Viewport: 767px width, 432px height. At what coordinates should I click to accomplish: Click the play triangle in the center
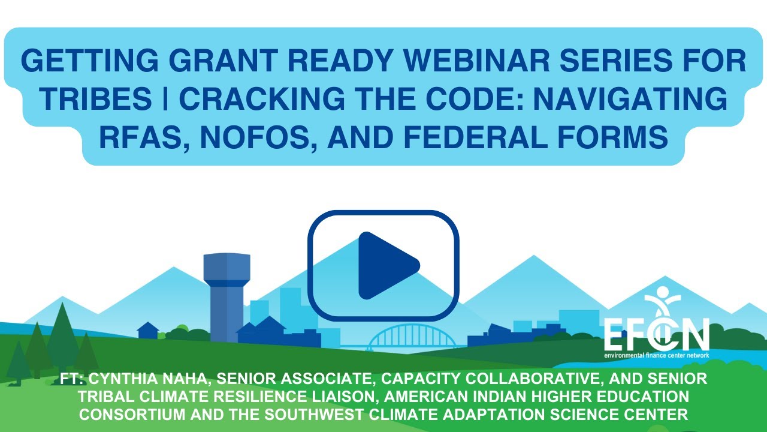click(x=386, y=265)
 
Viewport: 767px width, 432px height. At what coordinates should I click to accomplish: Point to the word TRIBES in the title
click(x=86, y=100)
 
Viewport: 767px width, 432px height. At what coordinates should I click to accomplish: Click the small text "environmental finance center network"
click(x=656, y=355)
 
